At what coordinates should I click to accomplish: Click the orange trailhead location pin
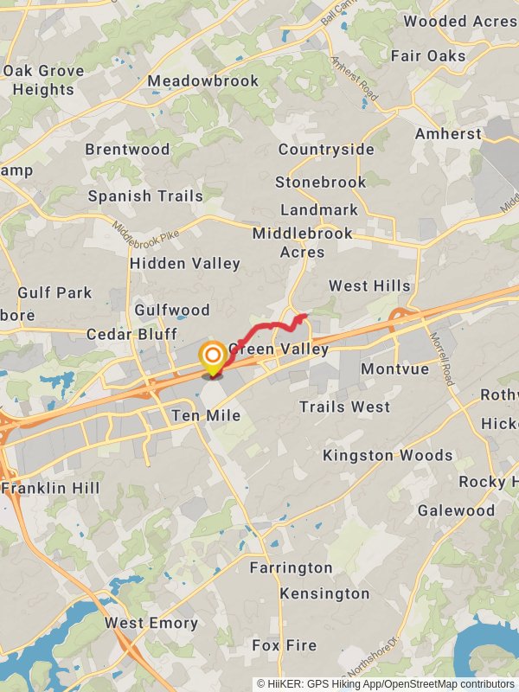click(x=212, y=357)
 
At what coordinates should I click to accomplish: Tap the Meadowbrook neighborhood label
click(x=202, y=81)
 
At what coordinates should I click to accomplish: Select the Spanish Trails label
click(x=145, y=196)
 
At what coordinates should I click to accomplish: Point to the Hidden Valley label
click(x=185, y=264)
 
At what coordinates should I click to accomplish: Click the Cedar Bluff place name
click(x=131, y=334)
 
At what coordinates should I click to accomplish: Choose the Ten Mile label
click(x=206, y=416)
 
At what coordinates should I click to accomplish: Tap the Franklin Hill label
click(x=52, y=488)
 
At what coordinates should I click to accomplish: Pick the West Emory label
click(x=151, y=623)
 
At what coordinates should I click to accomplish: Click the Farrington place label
click(x=291, y=567)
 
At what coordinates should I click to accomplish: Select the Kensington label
click(x=324, y=593)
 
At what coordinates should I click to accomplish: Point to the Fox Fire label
click(x=285, y=645)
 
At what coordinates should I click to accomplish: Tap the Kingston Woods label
click(x=388, y=455)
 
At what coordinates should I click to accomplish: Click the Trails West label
click(x=345, y=407)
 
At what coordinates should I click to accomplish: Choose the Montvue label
click(x=394, y=368)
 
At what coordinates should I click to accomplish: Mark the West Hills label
click(x=369, y=285)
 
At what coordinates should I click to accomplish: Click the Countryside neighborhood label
click(x=326, y=150)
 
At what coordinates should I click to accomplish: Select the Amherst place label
click(x=448, y=134)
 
